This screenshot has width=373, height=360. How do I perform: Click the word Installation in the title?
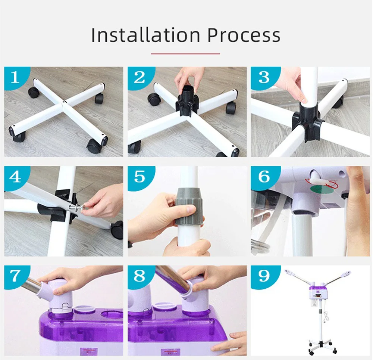coord(146,35)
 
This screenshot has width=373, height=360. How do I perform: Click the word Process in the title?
coord(244,35)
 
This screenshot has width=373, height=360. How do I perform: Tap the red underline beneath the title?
coord(185,54)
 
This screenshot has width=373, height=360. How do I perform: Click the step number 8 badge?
coord(140,276)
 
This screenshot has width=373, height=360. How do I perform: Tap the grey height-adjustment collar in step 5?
coord(189,206)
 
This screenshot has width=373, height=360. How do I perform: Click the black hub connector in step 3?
coord(307,122)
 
